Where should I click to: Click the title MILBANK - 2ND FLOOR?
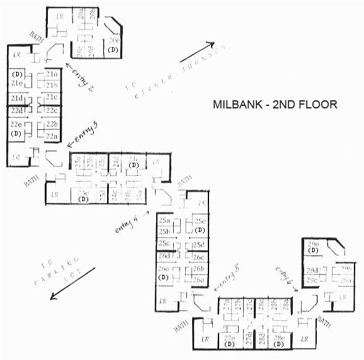click(x=275, y=105)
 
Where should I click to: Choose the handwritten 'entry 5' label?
click(x=231, y=274)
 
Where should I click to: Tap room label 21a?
click(x=52, y=74)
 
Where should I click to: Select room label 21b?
click(x=52, y=85)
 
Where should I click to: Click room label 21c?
click(x=52, y=97)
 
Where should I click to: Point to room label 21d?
click(x=16, y=98)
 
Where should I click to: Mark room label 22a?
click(x=52, y=136)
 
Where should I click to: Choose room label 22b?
click(x=52, y=124)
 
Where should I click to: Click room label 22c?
click(x=52, y=111)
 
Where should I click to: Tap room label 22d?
click(x=16, y=111)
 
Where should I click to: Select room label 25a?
click(x=164, y=221)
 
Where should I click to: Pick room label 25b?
click(x=164, y=231)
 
